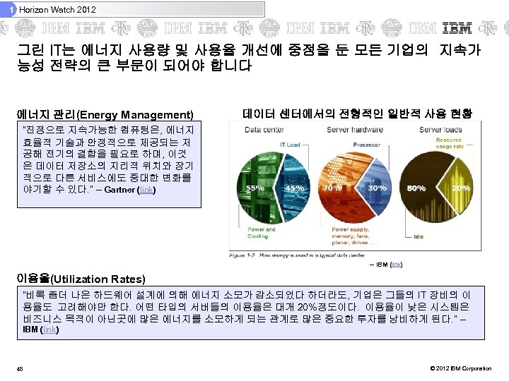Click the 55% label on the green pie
click(251, 188)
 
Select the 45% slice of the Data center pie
click(290, 188)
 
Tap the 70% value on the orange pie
click(329, 188)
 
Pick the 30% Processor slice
click(378, 188)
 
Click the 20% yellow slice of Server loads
click(461, 188)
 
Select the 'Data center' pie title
click(265, 131)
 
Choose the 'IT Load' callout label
click(291, 145)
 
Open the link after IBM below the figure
click(397, 265)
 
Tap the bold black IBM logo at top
click(457, 29)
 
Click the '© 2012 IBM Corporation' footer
click(460, 369)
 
